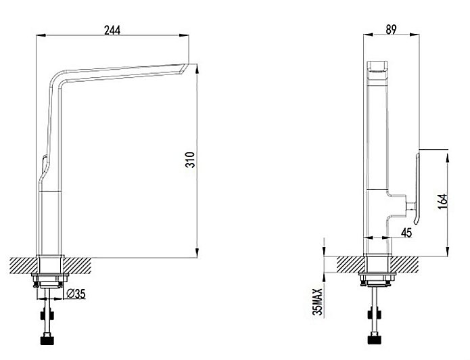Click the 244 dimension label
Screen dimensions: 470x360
tap(112, 30)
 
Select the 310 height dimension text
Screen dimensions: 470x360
tap(190, 160)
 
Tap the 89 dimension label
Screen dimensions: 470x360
tap(391, 30)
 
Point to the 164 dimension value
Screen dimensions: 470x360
tap(442, 201)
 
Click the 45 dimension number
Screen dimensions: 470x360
tap(406, 233)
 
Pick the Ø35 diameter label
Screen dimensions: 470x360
tap(76, 294)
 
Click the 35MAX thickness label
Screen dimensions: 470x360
tap(317, 302)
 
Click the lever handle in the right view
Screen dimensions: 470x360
tap(417, 189)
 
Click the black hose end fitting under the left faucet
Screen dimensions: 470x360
tap(47, 340)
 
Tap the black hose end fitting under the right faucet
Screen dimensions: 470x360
tap(375, 340)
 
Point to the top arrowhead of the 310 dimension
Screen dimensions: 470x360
tap(197, 70)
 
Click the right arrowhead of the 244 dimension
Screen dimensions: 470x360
tap(184, 35)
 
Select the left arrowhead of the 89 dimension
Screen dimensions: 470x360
tap(368, 35)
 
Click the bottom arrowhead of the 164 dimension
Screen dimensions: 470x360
tap(447, 252)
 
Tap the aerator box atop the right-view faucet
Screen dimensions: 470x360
tap(377, 71)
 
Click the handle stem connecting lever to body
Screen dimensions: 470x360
tap(410, 206)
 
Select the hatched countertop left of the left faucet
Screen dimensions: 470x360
tap(23, 265)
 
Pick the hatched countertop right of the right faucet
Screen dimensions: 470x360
tap(405, 265)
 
